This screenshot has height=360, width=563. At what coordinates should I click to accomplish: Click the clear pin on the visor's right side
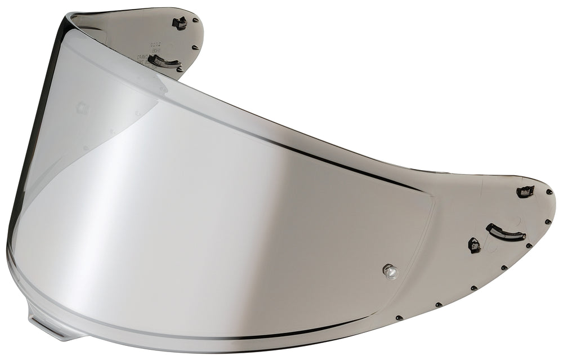pyautogui.click(x=390, y=272)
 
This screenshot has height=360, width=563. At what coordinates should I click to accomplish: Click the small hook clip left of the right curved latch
pyautogui.click(x=474, y=245)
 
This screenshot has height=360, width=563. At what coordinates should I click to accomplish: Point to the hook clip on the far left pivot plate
pyautogui.click(x=180, y=23)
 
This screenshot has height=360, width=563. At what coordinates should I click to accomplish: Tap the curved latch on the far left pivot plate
pyautogui.click(x=164, y=61)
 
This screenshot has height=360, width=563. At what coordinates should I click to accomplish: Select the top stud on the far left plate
pyautogui.click(x=195, y=21)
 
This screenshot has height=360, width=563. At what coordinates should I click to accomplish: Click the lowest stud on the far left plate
pyautogui.click(x=180, y=69)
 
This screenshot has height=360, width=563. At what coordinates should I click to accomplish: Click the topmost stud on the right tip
pyautogui.click(x=548, y=192)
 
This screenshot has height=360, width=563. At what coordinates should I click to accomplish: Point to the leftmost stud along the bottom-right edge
pyautogui.click(x=397, y=318)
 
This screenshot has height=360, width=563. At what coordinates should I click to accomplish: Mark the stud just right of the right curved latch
pyautogui.click(x=529, y=246)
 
